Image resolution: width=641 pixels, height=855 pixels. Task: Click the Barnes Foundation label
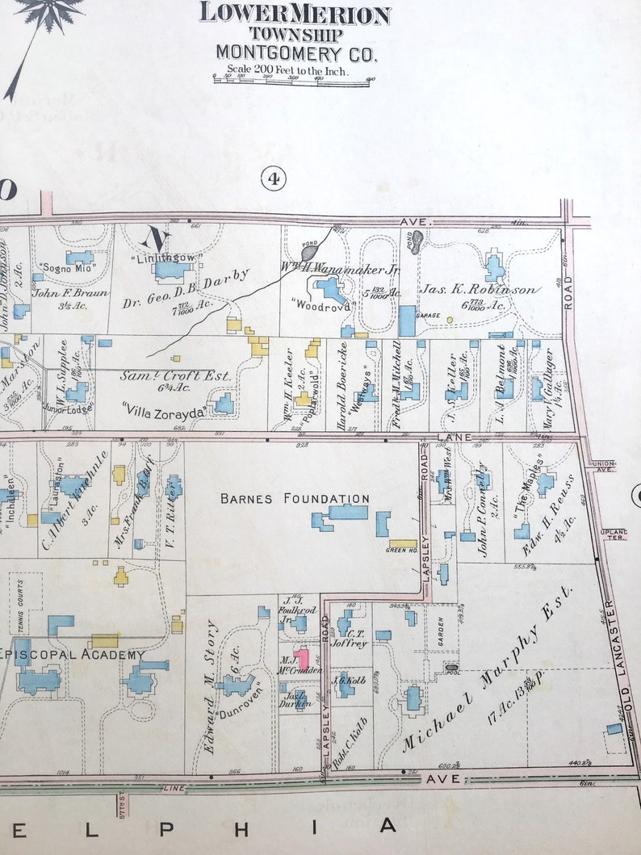(x=295, y=499)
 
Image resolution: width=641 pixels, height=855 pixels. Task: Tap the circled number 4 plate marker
(x=273, y=178)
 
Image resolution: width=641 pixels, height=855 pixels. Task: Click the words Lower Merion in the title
(x=295, y=14)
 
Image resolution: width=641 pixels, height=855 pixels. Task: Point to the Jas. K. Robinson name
(x=478, y=288)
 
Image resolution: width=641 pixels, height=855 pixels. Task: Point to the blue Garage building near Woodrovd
(x=407, y=321)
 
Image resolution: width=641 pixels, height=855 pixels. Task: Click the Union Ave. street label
(x=604, y=466)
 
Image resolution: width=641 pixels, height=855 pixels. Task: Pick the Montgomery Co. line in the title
(x=295, y=53)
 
